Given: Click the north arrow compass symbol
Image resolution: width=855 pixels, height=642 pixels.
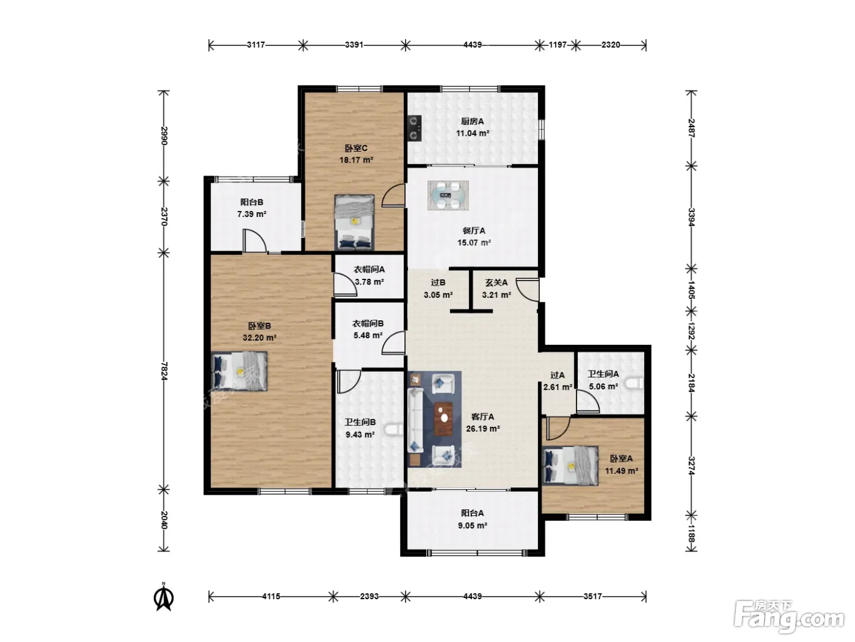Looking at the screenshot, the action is click(164, 596).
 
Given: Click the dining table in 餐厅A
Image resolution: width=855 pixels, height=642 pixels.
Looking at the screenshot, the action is click(448, 195).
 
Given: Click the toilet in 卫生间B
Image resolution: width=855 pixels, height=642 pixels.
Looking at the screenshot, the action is click(393, 430).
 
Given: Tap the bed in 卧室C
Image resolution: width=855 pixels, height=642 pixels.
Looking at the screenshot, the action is click(354, 222).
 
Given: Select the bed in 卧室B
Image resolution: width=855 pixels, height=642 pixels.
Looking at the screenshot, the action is click(239, 371).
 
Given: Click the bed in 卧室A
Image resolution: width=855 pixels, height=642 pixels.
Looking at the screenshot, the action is click(570, 465).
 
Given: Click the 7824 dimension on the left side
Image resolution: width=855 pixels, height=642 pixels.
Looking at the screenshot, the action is click(164, 371).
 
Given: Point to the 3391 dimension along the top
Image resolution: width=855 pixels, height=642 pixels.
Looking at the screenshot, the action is click(354, 45).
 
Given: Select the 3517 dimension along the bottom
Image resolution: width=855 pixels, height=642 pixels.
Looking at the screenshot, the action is click(592, 596).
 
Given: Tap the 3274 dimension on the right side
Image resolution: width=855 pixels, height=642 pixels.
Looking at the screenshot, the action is click(691, 465).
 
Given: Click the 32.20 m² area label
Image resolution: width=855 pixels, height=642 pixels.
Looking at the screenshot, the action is click(260, 338).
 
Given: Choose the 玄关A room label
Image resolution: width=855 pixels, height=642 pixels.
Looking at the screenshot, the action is click(497, 282).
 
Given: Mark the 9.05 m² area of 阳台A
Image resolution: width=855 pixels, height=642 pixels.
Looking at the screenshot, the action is click(473, 525).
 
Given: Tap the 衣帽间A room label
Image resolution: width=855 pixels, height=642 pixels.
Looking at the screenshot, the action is click(369, 270).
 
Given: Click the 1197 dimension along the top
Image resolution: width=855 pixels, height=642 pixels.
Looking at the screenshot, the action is click(558, 45).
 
